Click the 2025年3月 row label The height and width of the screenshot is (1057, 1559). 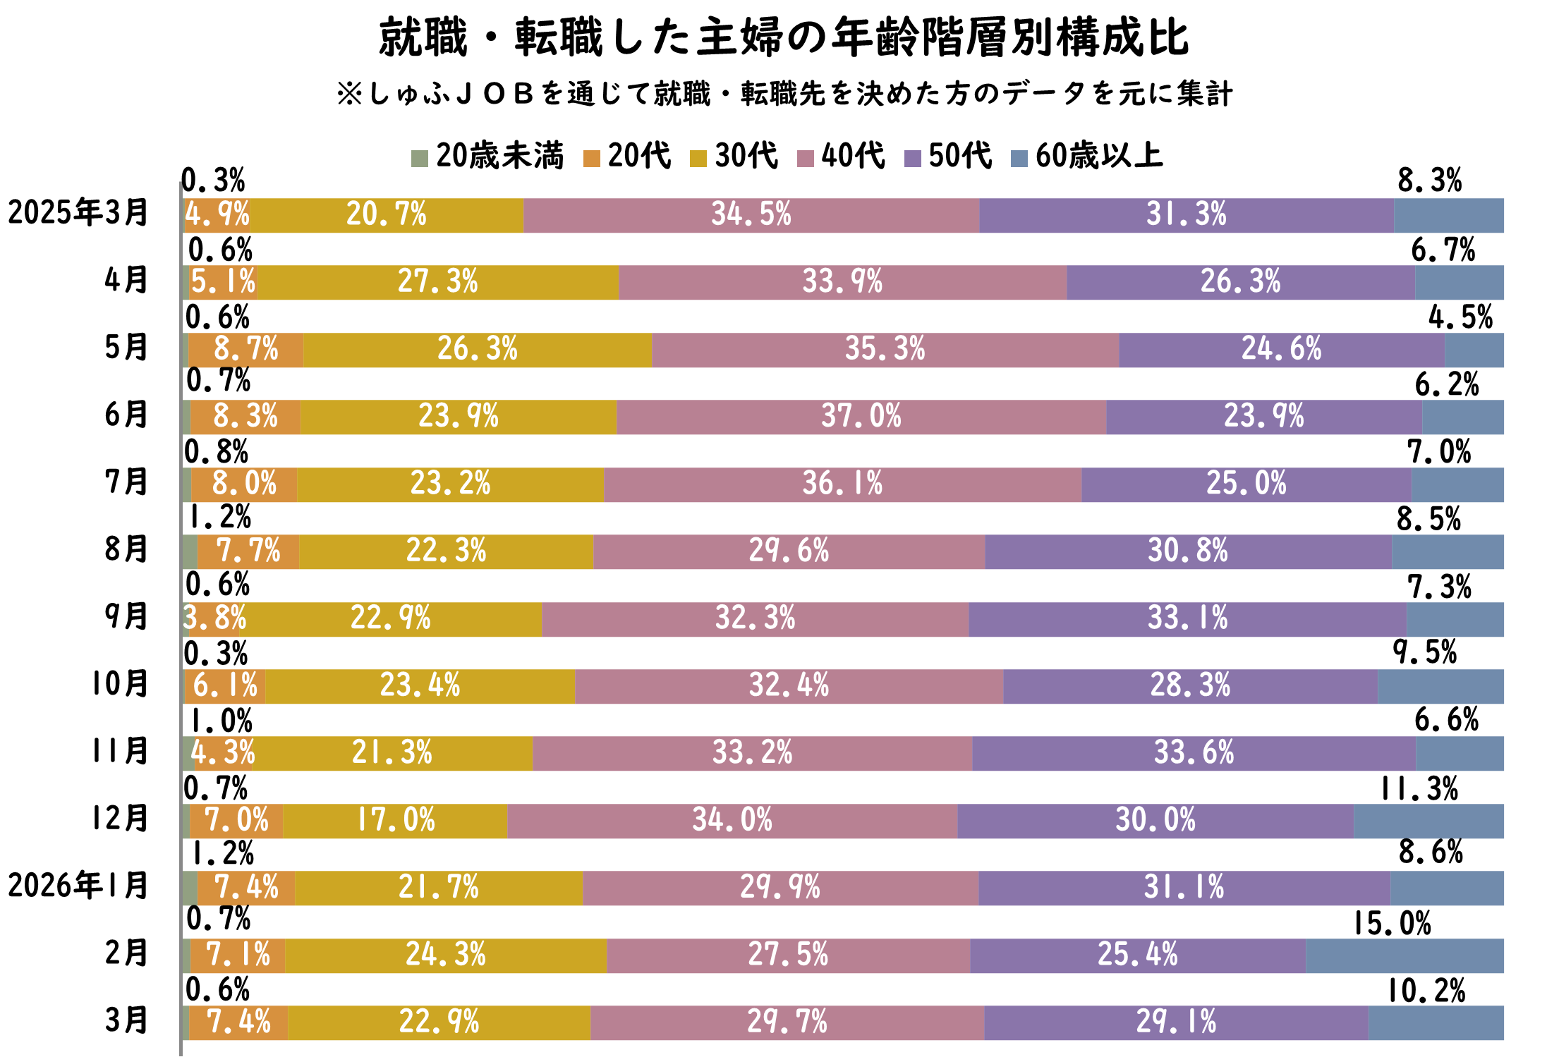(78, 213)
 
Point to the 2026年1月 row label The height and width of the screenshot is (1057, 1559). (78, 886)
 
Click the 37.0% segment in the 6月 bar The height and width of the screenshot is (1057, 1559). (861, 417)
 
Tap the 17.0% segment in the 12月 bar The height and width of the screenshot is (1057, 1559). (395, 821)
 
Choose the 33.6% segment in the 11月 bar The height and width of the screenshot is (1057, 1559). (1194, 753)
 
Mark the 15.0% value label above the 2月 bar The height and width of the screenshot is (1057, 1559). (1392, 924)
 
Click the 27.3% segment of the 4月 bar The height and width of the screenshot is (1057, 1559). (438, 282)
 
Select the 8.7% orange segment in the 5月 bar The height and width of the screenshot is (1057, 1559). (245, 350)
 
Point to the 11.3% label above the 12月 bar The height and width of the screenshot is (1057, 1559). (1419, 789)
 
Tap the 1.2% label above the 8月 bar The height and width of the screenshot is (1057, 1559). (219, 518)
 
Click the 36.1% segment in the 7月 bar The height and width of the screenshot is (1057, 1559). (842, 484)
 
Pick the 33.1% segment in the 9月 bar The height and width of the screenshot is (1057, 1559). (1187, 619)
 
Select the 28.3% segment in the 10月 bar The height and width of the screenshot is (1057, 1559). (1190, 686)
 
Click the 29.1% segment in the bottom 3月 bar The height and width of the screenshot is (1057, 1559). (1176, 1022)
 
